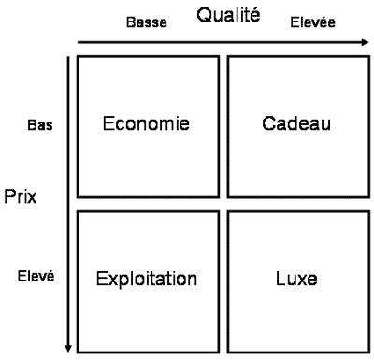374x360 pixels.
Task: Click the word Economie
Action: (x=145, y=123)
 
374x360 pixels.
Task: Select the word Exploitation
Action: (x=148, y=279)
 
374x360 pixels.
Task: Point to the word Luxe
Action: (x=298, y=279)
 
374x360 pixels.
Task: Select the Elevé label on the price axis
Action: (x=37, y=277)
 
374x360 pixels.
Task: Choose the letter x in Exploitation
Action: (x=109, y=279)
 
